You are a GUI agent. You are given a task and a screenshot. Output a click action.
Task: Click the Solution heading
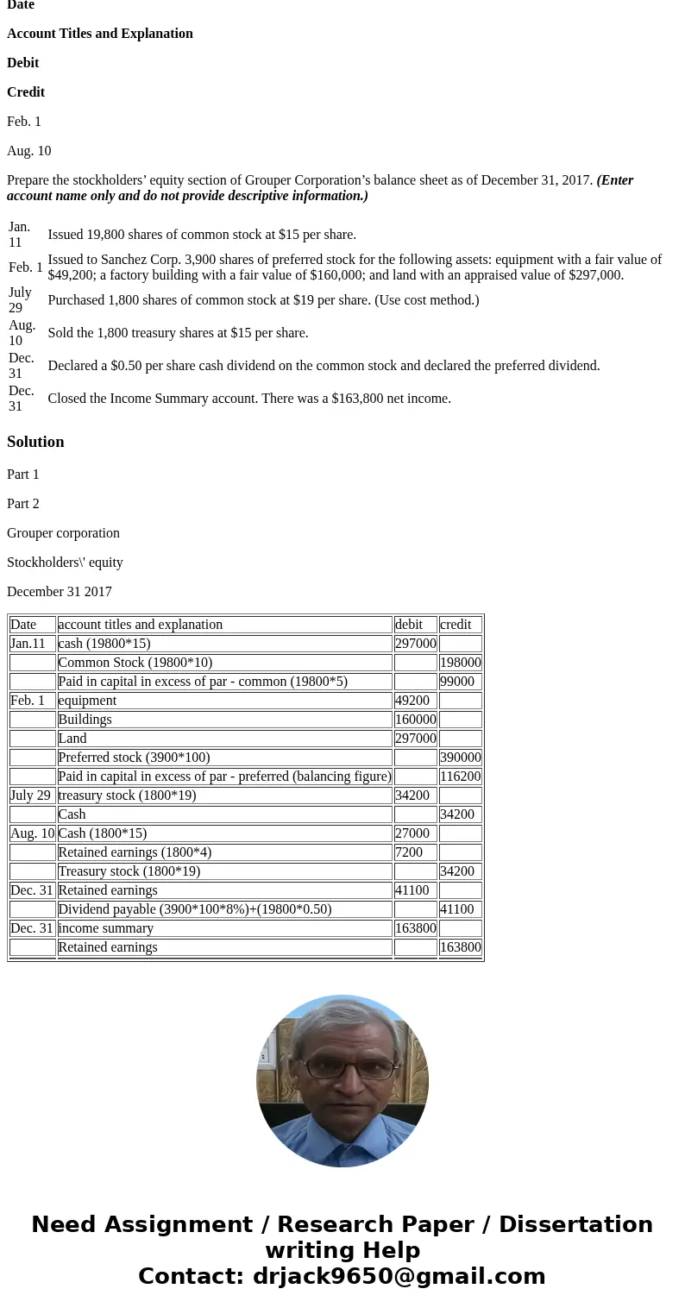(35, 442)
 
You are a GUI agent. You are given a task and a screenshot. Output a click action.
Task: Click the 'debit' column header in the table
(415, 625)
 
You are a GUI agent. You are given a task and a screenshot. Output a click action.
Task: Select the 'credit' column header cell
(460, 625)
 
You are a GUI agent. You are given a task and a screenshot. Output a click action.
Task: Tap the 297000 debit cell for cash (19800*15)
(415, 644)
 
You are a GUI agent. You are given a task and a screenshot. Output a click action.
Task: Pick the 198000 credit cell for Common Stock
(460, 663)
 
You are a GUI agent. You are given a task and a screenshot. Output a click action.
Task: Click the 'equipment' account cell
(224, 701)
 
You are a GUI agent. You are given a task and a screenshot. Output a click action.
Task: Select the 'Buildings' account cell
(224, 720)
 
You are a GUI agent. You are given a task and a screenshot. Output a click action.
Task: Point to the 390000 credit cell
(460, 758)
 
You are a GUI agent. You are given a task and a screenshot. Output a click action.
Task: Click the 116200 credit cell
(460, 776)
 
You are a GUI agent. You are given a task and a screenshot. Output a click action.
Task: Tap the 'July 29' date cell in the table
(32, 795)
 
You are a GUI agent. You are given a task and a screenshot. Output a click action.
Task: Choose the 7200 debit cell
(415, 852)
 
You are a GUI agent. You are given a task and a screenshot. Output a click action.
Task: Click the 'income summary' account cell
(224, 928)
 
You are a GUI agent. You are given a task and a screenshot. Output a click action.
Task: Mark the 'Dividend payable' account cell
(224, 909)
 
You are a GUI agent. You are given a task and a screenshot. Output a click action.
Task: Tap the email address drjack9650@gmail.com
(399, 1276)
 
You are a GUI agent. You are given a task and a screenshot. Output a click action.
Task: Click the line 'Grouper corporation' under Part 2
(63, 533)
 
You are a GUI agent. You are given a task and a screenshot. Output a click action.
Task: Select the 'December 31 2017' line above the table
(60, 592)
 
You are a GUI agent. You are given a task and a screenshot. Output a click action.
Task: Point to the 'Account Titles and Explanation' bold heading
(100, 34)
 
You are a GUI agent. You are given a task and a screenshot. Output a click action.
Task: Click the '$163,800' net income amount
(357, 399)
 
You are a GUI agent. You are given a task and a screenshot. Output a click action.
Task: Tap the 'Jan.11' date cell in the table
(32, 644)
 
